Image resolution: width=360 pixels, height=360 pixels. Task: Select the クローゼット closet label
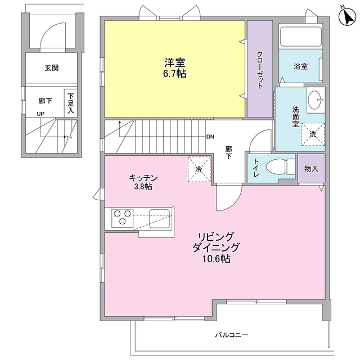259,69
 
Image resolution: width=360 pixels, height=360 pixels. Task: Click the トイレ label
256,168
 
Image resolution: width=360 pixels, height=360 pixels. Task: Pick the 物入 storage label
311,168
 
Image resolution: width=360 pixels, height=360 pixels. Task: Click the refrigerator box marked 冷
199,169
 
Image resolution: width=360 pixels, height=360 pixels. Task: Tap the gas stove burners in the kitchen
123,218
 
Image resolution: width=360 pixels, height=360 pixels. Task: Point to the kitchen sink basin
160,217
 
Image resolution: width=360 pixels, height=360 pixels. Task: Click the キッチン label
143,178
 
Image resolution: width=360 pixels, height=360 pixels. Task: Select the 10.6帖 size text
216,259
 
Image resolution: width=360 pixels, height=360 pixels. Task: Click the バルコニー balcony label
231,335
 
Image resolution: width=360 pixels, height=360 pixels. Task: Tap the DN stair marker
210,137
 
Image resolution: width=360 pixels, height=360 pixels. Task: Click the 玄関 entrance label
52,68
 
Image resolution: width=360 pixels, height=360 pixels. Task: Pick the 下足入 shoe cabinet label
71,103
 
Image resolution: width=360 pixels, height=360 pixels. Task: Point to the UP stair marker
40,114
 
